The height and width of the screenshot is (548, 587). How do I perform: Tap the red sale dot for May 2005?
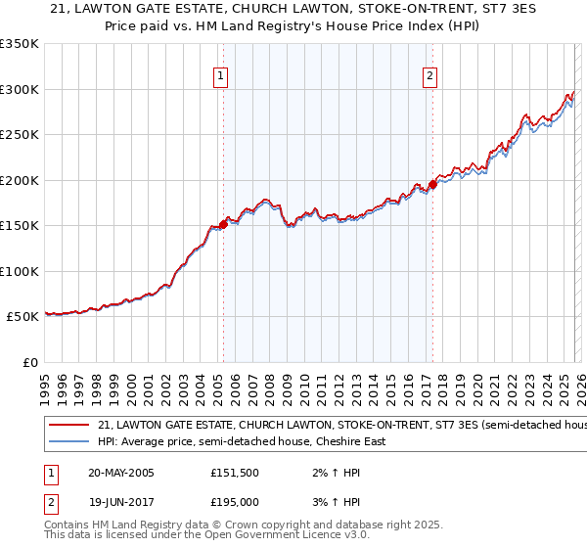(x=223, y=224)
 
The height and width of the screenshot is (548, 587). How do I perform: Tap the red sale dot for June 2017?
(x=432, y=184)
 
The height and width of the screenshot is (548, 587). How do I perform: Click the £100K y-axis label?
(x=20, y=271)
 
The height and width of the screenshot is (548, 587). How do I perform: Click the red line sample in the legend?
(x=68, y=426)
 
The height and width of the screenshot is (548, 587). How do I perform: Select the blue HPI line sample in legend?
(x=68, y=442)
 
